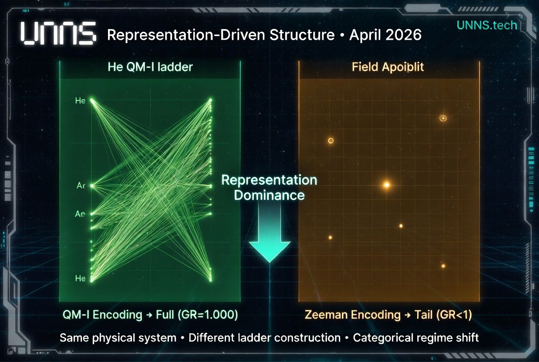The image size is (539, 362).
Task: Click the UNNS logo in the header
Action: click(x=59, y=34)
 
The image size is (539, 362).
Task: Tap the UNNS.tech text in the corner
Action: click(x=487, y=25)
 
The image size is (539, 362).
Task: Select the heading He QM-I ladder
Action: click(x=150, y=67)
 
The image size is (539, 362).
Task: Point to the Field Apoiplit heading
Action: click(x=388, y=67)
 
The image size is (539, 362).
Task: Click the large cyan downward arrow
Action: click(x=269, y=233)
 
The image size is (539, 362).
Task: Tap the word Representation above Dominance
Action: click(x=269, y=180)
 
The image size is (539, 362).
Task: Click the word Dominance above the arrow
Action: click(x=269, y=195)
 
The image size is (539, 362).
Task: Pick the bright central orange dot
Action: click(x=387, y=185)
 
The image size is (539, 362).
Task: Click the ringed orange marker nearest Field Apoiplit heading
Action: click(x=443, y=118)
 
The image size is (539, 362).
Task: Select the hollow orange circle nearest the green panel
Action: click(x=330, y=140)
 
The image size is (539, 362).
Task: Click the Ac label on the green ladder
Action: click(x=81, y=186)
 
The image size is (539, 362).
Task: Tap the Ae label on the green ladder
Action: click(x=80, y=214)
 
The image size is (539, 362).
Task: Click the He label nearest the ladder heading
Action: click(x=80, y=101)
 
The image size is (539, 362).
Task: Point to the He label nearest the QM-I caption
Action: click(x=80, y=278)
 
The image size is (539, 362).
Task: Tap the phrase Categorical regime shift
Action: click(x=416, y=338)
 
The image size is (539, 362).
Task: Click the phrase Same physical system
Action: click(x=118, y=338)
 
